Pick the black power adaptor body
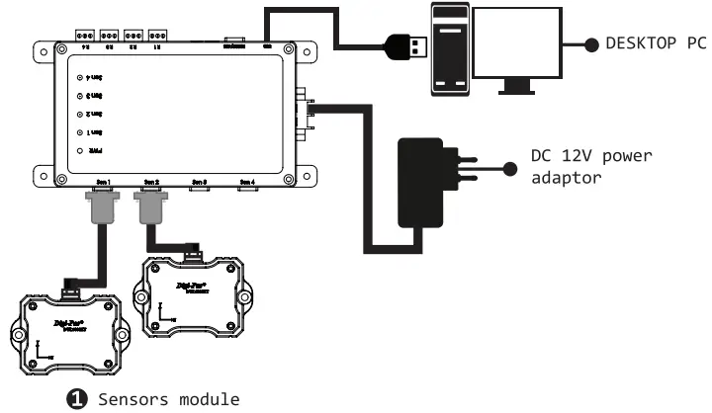click(423, 183)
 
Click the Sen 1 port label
click(103, 182)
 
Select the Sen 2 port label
click(150, 182)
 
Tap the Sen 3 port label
click(199, 182)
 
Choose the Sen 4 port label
click(246, 182)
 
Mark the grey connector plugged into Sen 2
click(150, 208)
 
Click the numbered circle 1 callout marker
click(74, 398)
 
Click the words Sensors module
click(168, 398)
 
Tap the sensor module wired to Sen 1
click(69, 330)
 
